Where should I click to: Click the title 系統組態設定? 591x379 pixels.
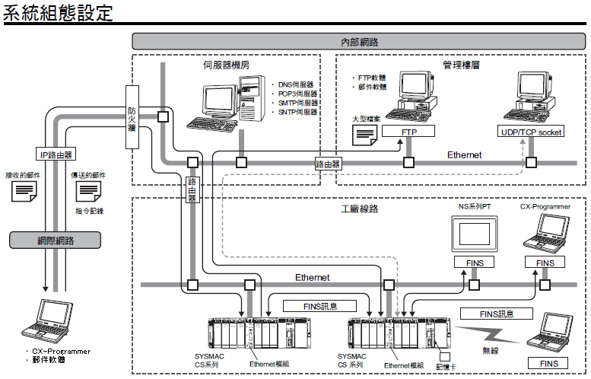[x=59, y=13]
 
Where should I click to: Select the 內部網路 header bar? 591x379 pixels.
[x=360, y=42]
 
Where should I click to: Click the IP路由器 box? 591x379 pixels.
[x=56, y=154]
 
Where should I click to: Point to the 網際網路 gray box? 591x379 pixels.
[x=56, y=240]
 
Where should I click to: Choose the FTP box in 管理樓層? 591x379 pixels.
[x=409, y=132]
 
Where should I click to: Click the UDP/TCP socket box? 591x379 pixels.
[x=531, y=132]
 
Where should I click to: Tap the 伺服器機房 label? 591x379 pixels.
[x=226, y=65]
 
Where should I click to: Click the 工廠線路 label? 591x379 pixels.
[x=359, y=208]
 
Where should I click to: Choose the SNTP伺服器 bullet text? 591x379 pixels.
[x=298, y=112]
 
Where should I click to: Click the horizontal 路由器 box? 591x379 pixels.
[x=328, y=163]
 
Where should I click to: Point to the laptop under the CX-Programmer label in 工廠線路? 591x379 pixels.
[x=545, y=233]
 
